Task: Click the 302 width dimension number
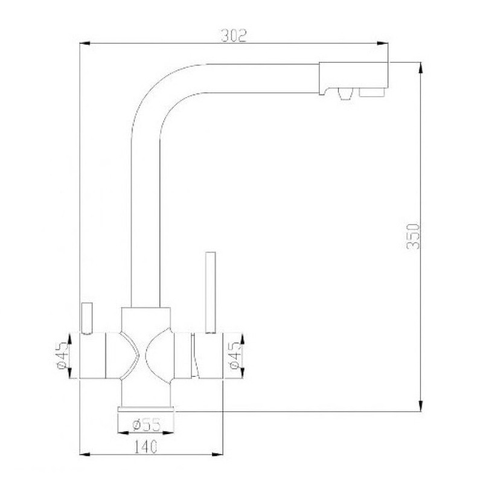point(234,36)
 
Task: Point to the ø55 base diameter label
point(147,425)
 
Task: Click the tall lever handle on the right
point(211,292)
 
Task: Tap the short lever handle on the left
point(86,318)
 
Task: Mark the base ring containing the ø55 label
point(147,419)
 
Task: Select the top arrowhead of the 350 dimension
point(421,66)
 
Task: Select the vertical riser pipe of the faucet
point(146,229)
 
